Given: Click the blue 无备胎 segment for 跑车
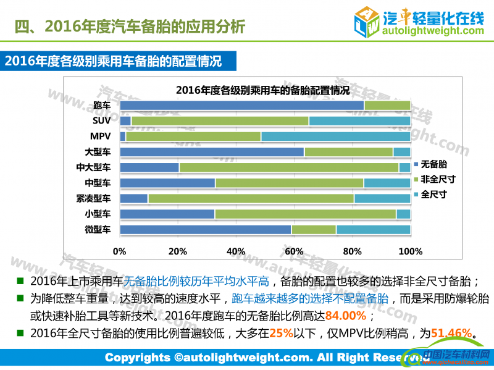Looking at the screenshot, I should click(241, 105).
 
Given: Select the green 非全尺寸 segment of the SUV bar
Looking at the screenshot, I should click(220, 120).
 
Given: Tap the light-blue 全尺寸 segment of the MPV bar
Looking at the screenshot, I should click(335, 136).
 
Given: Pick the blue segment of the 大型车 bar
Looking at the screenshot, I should click(212, 152).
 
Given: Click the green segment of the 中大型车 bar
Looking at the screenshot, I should click(288, 167).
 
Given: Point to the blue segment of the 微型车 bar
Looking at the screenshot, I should click(206, 230).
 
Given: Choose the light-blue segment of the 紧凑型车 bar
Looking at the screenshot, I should click(382, 198).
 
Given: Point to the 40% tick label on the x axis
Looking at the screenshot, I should click(236, 251).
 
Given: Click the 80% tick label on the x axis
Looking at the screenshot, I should click(352, 251).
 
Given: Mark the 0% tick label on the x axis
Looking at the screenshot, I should click(119, 251).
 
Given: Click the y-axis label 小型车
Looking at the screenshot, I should click(98, 214).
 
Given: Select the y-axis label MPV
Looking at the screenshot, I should click(99, 136).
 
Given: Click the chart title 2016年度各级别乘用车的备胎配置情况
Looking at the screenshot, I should click(262, 90).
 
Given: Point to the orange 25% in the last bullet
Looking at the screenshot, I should click(281, 334).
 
